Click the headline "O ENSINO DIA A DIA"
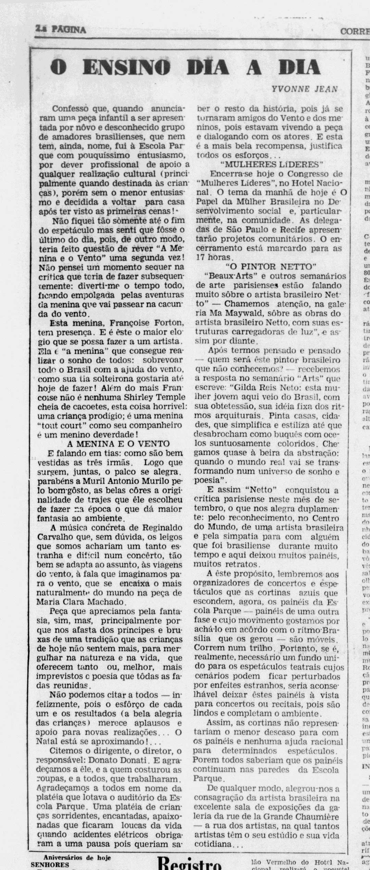click(x=185, y=67)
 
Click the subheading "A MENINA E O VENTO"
click(x=118, y=444)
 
